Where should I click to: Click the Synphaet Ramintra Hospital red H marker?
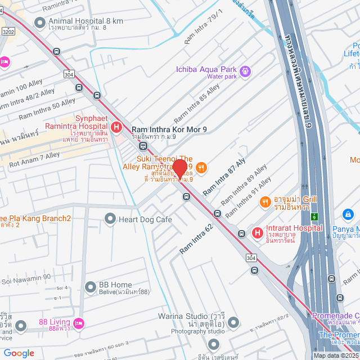[117, 128]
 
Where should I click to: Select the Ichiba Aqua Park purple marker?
[245, 71]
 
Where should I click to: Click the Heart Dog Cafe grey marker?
[110, 219]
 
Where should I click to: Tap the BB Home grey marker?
[90, 287]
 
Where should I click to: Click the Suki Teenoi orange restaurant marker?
[202, 167]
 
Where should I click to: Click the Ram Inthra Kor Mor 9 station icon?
[143, 146]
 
